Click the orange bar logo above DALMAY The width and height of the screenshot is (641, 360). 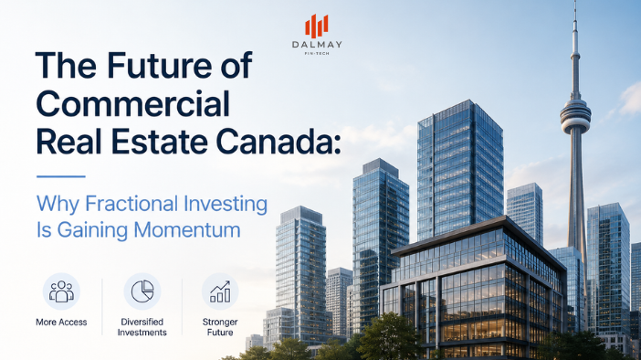pyautogui.click(x=317, y=26)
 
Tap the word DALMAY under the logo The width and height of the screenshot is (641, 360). pyautogui.click(x=317, y=45)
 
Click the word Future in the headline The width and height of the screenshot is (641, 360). pyautogui.click(x=160, y=66)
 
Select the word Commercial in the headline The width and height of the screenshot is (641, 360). pyautogui.click(x=133, y=104)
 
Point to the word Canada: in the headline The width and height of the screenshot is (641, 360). pyautogui.click(x=278, y=142)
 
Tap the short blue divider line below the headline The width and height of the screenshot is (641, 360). pyautogui.click(x=61, y=176)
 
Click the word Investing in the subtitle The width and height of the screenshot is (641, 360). pyautogui.click(x=226, y=205)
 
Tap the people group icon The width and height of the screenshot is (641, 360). pyautogui.click(x=61, y=291)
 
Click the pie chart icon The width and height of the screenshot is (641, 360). pyautogui.click(x=142, y=291)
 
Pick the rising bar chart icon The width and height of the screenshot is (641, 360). pyautogui.click(x=220, y=291)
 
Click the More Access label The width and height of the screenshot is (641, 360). pyautogui.click(x=61, y=323)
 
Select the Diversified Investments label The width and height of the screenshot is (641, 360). pyautogui.click(x=142, y=327)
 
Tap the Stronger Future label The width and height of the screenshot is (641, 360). pyautogui.click(x=220, y=327)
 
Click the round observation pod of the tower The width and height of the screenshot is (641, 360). pyautogui.click(x=575, y=116)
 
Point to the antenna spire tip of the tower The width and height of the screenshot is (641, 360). pyautogui.click(x=575, y=1)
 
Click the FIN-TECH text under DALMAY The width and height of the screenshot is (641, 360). pyautogui.click(x=317, y=54)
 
